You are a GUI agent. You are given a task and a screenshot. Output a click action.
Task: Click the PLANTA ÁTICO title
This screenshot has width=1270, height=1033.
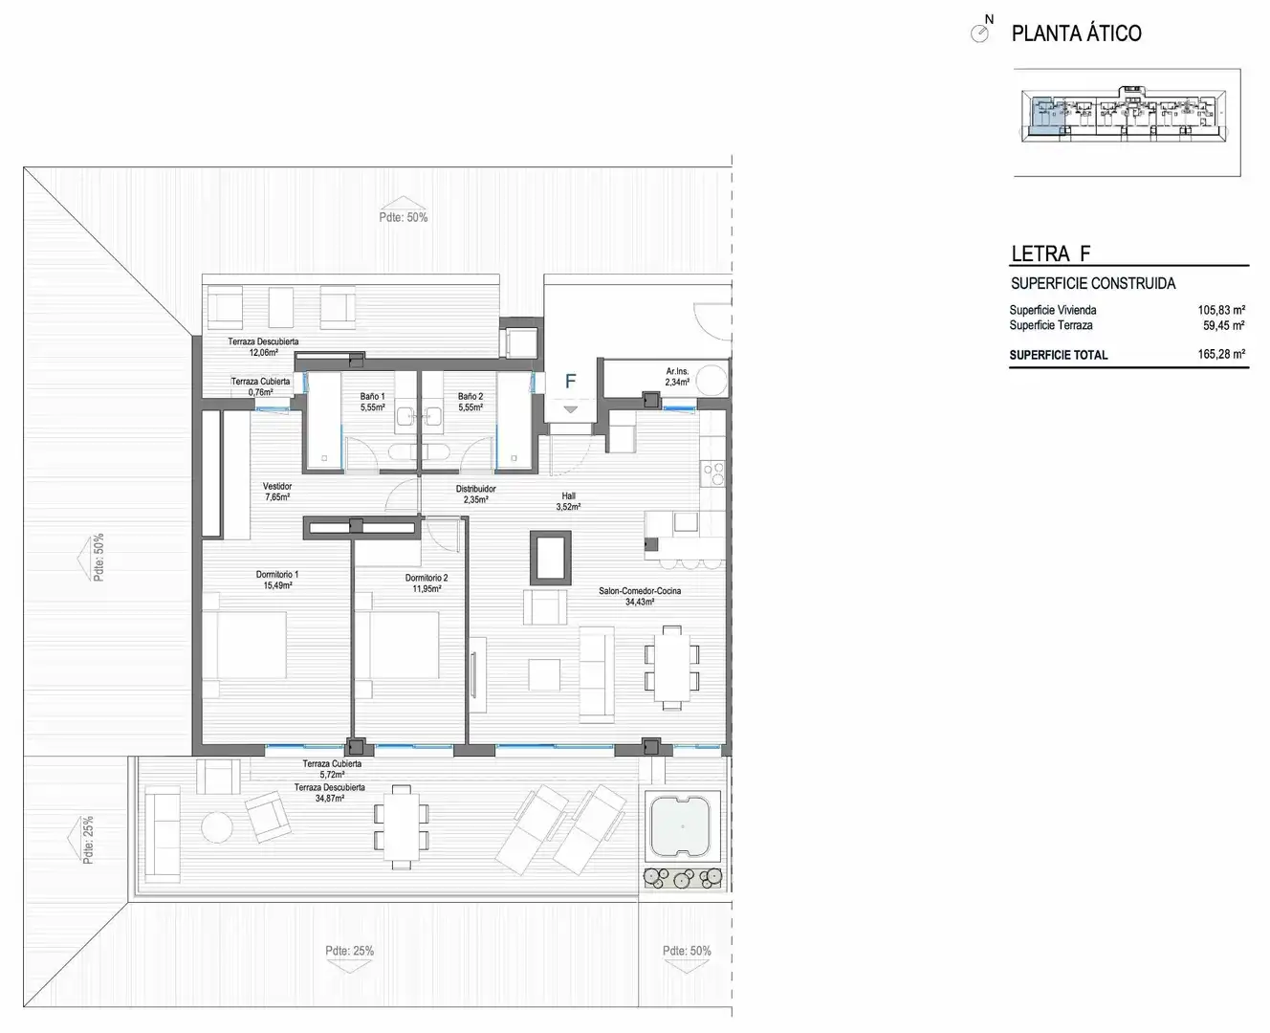pos(1076,33)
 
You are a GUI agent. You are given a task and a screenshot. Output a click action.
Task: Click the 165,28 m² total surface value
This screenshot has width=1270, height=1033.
pos(1221,354)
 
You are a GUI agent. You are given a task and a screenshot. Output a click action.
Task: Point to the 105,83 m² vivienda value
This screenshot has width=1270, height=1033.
pos(1221,310)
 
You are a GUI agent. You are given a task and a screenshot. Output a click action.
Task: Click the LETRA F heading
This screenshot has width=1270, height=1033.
pos(1051,253)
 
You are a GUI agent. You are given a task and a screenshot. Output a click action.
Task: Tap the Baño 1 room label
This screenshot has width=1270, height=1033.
pos(372,402)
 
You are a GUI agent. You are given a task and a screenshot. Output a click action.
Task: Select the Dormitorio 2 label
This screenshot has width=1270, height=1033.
pos(427,583)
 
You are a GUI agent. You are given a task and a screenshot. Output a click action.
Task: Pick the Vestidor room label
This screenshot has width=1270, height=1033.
pos(277,492)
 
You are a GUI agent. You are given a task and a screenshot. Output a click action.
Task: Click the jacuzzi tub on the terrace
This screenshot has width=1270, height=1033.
pos(682,826)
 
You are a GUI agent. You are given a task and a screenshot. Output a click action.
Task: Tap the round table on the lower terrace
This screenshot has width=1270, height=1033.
pos(216,827)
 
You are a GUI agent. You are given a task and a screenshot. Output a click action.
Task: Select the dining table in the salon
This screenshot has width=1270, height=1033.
pos(672,668)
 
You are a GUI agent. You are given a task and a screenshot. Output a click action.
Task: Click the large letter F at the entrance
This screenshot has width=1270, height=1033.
pos(571,381)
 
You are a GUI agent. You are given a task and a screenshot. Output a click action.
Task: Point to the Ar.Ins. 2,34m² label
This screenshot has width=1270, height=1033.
pos(677,377)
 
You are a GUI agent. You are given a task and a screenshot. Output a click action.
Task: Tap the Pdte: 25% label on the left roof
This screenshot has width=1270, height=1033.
pos(88,841)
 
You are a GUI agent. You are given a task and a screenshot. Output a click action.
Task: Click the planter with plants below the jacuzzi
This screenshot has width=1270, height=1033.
pos(683,878)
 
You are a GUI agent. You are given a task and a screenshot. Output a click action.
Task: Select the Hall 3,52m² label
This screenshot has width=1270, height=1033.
pos(568,501)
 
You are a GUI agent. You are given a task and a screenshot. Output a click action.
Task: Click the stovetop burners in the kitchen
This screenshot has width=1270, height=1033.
pos(713,473)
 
